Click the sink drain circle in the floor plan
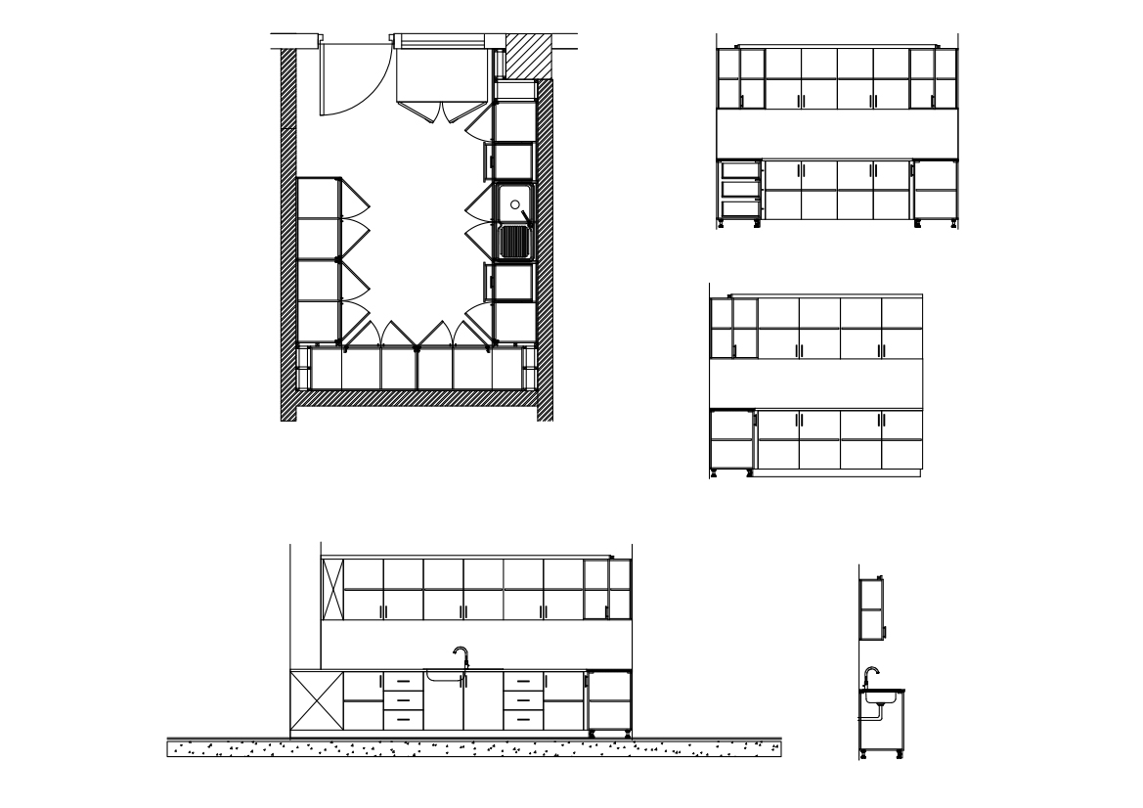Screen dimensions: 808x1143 coord(513,205)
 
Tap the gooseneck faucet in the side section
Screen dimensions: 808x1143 coord(870,675)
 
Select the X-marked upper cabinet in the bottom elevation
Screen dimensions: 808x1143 coord(332,590)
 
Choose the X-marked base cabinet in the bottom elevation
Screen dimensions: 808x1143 coord(317,700)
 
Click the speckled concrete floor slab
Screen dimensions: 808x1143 coord(474,749)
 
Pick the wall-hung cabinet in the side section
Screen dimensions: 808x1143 coord(872,608)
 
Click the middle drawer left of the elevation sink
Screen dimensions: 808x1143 coord(403,700)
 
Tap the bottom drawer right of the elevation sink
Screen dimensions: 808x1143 coord(523,719)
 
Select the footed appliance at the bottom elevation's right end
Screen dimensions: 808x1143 coord(608,701)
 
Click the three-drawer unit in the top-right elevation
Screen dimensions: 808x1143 coord(740,191)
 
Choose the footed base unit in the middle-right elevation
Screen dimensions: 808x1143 coord(729,441)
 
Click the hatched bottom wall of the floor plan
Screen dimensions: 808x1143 coord(416,398)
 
